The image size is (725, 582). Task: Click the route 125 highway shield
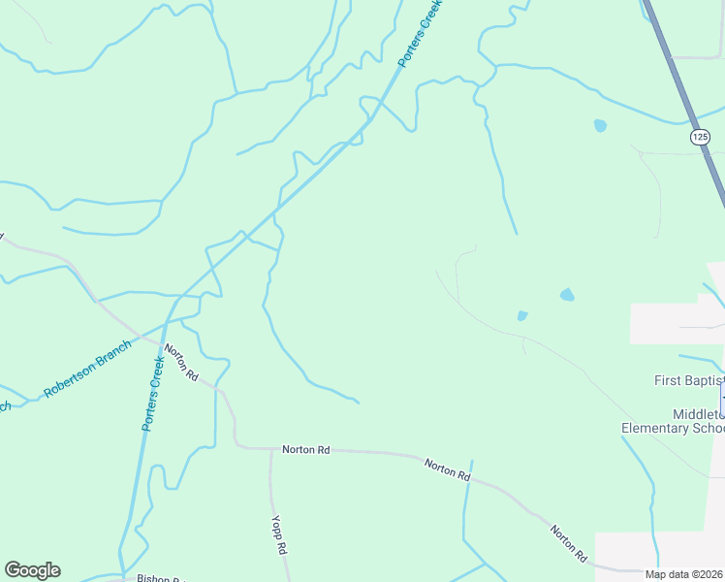point(701,137)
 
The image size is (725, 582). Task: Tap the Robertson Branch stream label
point(87,370)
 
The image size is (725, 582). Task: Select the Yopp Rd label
point(279,533)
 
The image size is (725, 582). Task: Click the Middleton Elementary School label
point(672,421)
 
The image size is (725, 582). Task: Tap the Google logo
point(32,570)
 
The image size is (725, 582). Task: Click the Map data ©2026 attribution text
point(683,574)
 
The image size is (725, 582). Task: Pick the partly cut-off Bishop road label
point(159,579)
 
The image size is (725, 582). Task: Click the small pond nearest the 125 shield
point(600,126)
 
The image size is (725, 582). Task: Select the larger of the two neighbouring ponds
point(567,294)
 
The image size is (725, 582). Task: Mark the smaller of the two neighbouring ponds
point(521,315)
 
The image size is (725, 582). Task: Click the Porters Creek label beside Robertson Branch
point(154,393)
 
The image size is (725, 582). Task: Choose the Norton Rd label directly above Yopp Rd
point(305,450)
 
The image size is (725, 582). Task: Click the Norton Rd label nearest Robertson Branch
point(181,362)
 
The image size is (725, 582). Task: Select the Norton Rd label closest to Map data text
point(568,544)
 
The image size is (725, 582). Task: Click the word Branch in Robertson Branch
point(110,355)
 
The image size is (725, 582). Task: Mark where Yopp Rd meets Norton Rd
point(271,449)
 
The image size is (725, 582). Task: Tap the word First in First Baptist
point(668,381)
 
